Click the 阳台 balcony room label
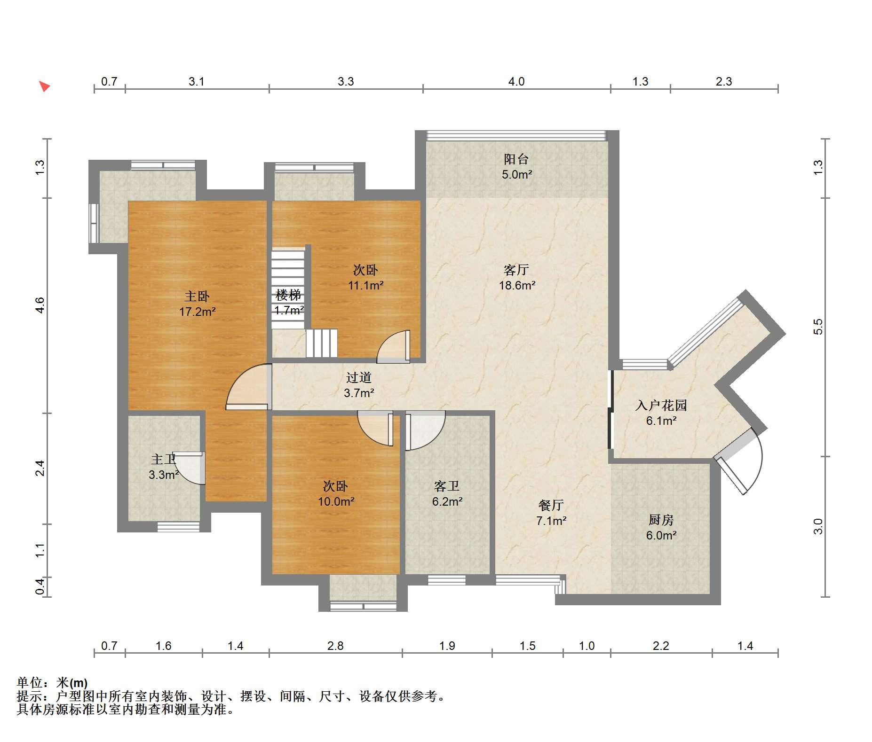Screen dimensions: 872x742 (516, 159)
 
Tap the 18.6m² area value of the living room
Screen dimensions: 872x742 (517, 285)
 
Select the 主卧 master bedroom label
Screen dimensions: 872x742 (197, 296)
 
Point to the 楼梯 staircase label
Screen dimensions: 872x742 (288, 295)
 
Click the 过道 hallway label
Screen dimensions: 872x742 (359, 377)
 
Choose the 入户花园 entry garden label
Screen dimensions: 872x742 (661, 405)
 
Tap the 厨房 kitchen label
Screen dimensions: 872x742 (661, 520)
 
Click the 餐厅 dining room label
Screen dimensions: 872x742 (551, 505)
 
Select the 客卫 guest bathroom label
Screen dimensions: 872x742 (447, 486)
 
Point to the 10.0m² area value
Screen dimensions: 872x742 (336, 501)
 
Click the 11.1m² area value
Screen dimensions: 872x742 (365, 285)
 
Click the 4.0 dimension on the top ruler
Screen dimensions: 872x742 (516, 82)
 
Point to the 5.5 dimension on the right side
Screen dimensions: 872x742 (818, 327)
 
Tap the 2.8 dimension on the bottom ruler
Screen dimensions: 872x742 (335, 646)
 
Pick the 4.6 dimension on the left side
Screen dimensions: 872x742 (40, 305)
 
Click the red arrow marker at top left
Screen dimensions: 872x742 (44, 86)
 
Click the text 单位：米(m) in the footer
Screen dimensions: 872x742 (52, 682)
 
